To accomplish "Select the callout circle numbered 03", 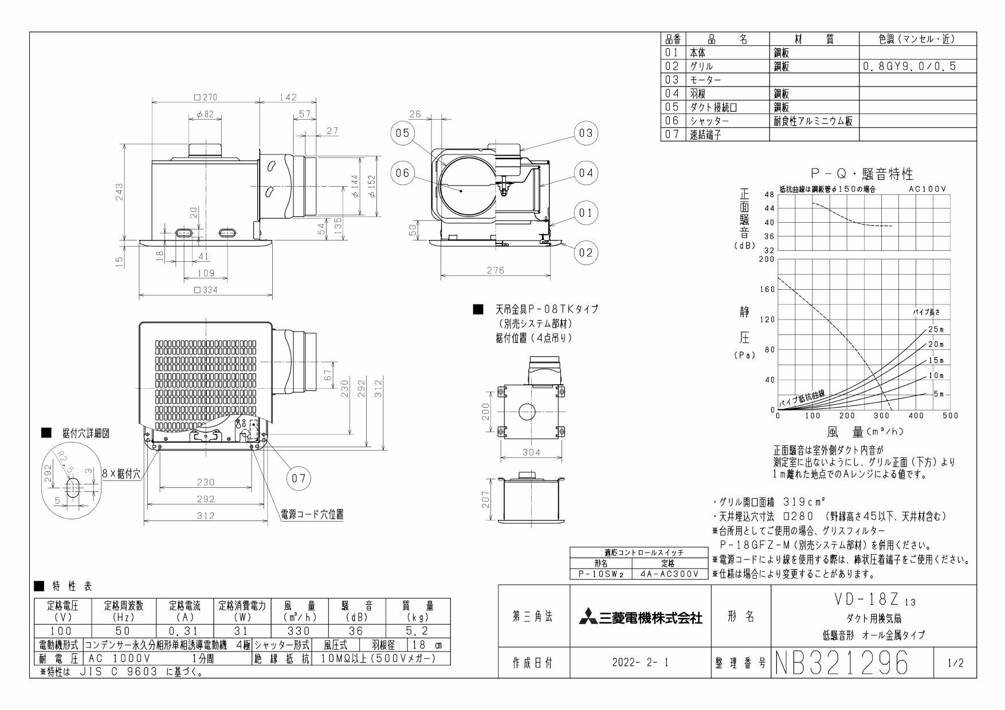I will tap(585, 133).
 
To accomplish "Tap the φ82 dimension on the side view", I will tap(205, 115).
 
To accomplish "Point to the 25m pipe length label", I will tap(935, 329).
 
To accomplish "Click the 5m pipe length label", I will tap(937, 394).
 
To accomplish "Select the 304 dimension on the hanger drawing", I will tap(531, 452).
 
